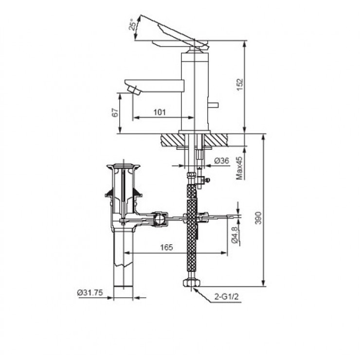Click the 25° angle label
pos(132,24)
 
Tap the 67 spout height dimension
pos(115,112)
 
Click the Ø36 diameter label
pos(222,161)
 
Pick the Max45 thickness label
pos(239,168)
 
